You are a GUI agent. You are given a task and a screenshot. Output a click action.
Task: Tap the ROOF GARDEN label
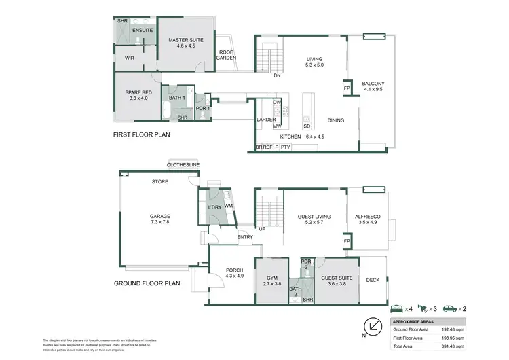(x=227, y=55)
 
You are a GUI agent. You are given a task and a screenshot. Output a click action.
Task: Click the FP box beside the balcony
(x=346, y=89)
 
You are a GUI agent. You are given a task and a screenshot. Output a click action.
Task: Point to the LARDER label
(x=265, y=120)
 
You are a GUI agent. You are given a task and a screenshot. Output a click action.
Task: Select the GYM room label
(x=271, y=281)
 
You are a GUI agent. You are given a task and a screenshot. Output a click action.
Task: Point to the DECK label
(x=373, y=279)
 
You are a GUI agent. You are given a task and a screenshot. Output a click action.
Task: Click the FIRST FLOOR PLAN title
(x=141, y=134)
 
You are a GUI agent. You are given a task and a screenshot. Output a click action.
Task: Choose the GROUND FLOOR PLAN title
(x=148, y=284)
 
